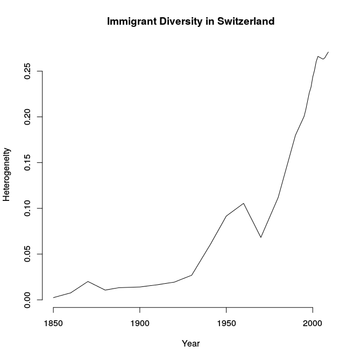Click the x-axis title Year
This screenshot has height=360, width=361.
coord(191,343)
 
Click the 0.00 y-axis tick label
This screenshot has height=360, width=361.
coord(27,300)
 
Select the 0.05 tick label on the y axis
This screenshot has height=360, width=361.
coord(27,254)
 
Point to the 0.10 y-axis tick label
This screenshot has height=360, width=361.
coord(27,208)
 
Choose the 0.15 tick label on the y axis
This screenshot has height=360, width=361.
coord(27,163)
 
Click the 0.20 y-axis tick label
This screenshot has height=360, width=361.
coord(27,117)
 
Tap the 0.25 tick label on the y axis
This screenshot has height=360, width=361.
coord(27,71)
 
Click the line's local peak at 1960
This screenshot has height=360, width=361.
coord(244,204)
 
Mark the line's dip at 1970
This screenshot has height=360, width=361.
coord(261,237)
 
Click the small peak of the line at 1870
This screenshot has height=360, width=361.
coord(88,282)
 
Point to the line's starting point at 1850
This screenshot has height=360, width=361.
coord(53,298)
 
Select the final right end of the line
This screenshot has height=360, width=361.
coord(328,52)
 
